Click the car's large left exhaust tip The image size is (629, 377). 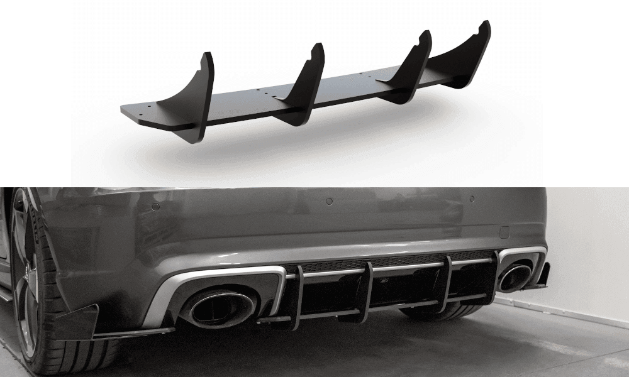coord(217,308)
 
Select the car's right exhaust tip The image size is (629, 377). coord(515,278)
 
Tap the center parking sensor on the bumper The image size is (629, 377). coord(328,202)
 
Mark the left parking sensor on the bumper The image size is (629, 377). coord(155,206)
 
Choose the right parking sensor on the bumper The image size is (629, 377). coord(472,199)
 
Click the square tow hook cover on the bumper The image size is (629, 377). coord(504,231)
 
